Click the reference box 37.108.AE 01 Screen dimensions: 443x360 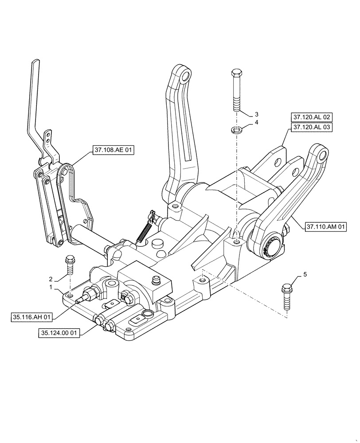(x=113, y=150)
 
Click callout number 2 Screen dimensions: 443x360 (x=51, y=279)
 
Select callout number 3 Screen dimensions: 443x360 (x=256, y=113)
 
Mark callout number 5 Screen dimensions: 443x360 (x=305, y=275)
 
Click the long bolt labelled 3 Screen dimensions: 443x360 (x=236, y=90)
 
